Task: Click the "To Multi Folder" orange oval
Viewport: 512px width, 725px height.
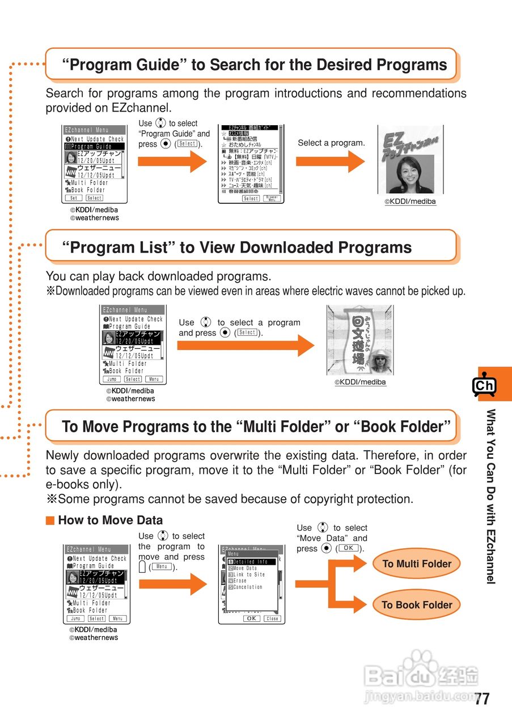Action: [x=417, y=564]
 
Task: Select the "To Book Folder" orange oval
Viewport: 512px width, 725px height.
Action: [x=417, y=605]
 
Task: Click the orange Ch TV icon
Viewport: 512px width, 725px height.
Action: [x=484, y=386]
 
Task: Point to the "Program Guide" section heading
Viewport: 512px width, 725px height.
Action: [x=254, y=65]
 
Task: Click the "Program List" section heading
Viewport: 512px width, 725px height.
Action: [x=237, y=248]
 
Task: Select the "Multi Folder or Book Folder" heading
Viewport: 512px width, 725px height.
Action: [x=256, y=427]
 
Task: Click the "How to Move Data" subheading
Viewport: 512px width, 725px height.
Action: [x=110, y=520]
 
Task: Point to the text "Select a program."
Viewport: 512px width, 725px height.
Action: [x=331, y=143]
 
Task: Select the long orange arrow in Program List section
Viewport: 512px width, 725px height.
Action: [x=245, y=346]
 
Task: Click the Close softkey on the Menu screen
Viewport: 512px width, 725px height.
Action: [x=272, y=619]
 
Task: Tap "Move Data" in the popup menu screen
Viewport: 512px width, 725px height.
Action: [x=246, y=568]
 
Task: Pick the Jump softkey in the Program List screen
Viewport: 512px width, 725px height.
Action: [x=112, y=379]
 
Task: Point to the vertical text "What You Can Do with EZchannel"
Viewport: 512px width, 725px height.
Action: [x=491, y=496]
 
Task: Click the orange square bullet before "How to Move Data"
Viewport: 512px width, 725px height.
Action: [x=50, y=521]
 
